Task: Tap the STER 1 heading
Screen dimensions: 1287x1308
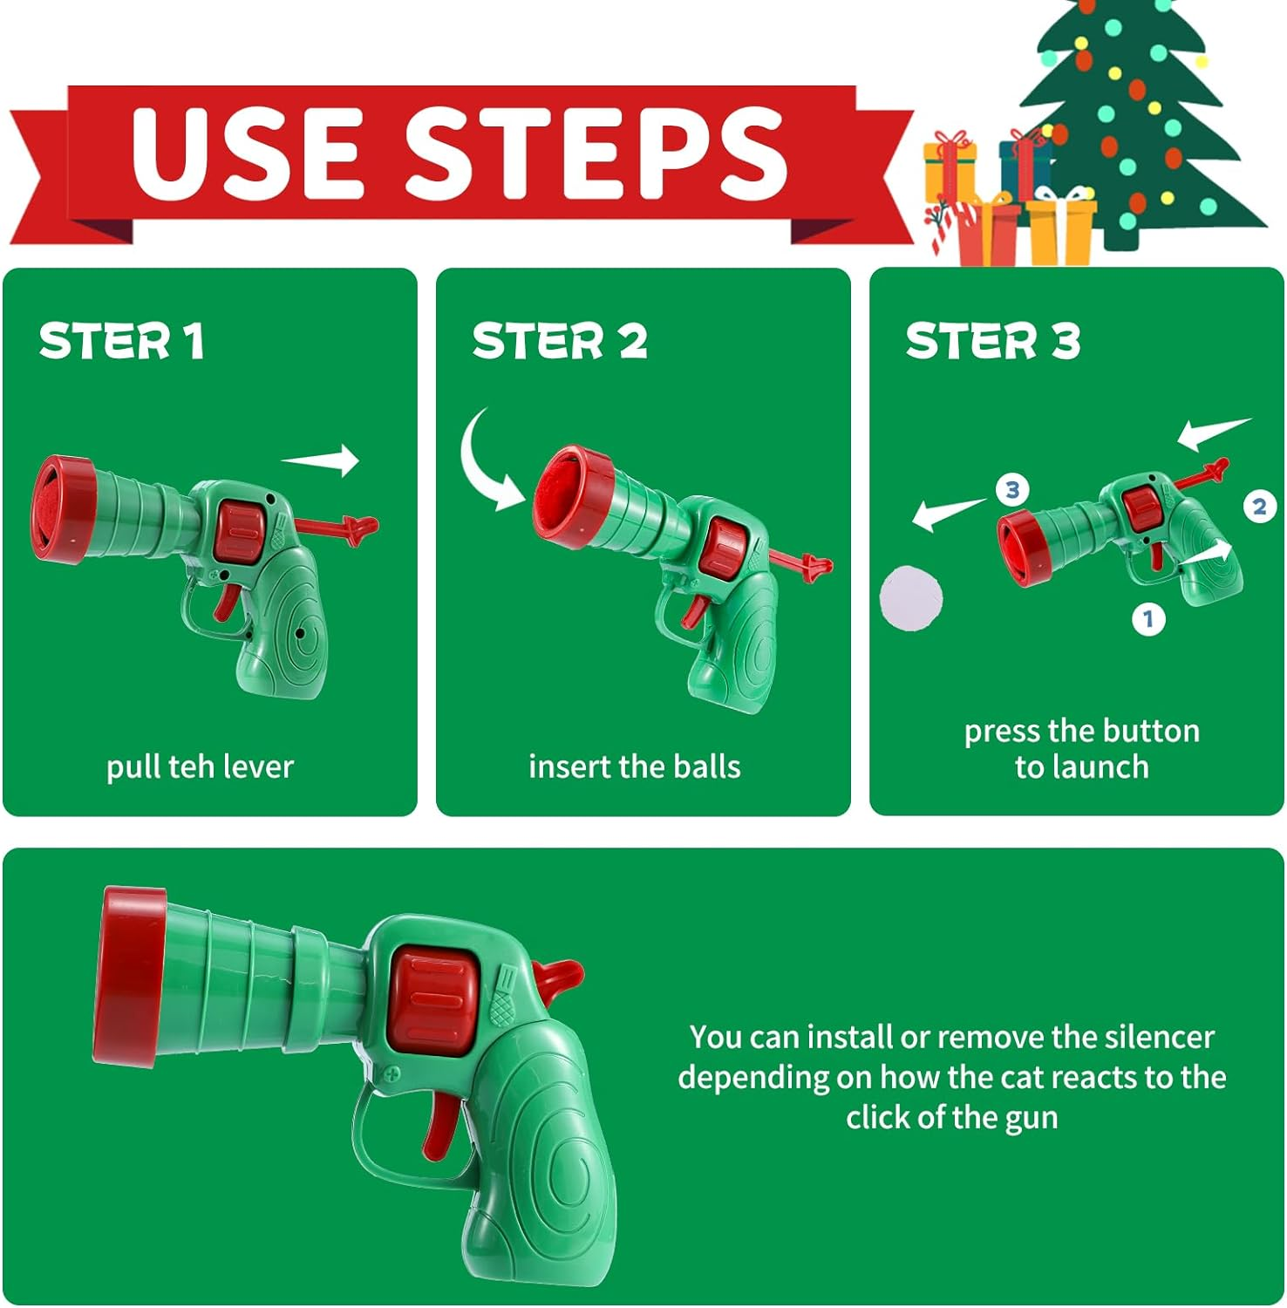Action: [121, 340]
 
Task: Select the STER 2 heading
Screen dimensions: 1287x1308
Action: [560, 340]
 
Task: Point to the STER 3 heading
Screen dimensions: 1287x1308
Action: [993, 340]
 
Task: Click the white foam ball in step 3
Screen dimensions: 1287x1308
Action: [911, 597]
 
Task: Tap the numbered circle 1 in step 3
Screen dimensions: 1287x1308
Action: [1148, 619]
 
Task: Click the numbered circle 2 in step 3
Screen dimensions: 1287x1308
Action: [1259, 507]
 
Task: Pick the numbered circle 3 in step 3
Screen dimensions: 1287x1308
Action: [1012, 489]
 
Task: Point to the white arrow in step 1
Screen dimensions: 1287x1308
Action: [321, 460]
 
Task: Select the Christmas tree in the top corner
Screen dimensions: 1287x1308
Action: [1142, 122]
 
